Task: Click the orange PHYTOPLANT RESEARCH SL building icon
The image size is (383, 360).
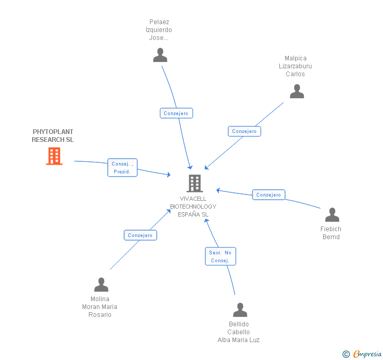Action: tap(54, 156)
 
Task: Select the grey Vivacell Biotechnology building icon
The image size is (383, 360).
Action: tap(195, 183)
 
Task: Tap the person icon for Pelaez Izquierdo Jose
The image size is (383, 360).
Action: tap(160, 55)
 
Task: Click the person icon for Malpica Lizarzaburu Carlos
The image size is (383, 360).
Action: tap(297, 91)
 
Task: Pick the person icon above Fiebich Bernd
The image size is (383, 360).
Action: tap(332, 215)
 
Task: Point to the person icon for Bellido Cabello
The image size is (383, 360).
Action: tap(240, 310)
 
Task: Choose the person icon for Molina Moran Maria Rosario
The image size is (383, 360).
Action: tap(101, 285)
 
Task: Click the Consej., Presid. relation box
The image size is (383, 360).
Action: tap(123, 168)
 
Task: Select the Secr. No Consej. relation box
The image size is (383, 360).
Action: tap(220, 256)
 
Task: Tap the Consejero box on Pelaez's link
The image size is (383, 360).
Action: tap(176, 113)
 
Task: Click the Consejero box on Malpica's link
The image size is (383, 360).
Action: tap(245, 131)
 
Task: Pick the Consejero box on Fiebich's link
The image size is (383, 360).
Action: tap(269, 195)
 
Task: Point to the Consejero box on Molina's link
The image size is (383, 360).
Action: tap(140, 235)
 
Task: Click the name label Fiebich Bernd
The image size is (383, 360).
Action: tap(331, 233)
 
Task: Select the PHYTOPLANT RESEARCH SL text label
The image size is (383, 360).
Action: tap(53, 136)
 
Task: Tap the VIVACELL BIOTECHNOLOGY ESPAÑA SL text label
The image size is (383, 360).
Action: tap(193, 207)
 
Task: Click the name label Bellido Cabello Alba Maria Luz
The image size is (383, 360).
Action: tap(239, 332)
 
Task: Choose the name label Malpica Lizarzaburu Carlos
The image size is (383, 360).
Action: tap(295, 66)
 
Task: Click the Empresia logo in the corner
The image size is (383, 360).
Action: tap(367, 354)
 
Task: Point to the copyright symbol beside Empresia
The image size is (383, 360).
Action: tap(346, 354)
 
